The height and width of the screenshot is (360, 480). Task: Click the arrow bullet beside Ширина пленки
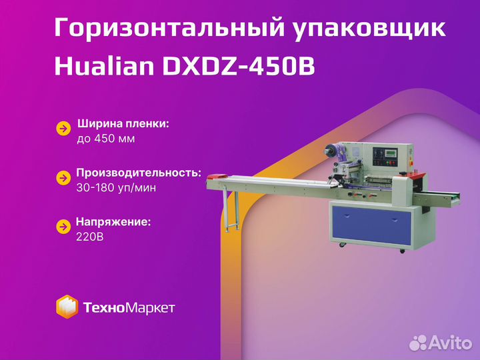click(63, 129)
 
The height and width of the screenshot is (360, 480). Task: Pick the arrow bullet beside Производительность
click(63, 178)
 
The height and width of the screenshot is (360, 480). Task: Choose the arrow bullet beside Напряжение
click(63, 227)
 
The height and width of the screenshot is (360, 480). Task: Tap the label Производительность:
click(139, 172)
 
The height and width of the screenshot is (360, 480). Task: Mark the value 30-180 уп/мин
click(117, 187)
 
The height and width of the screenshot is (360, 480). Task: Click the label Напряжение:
click(113, 221)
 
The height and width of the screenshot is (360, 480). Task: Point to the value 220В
click(91, 236)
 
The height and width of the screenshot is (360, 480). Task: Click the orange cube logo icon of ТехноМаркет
click(67, 307)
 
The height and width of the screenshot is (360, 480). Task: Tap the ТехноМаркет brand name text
click(129, 307)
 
